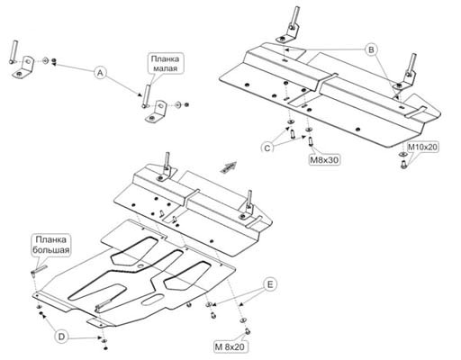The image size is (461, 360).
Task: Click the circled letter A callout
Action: point(101,73)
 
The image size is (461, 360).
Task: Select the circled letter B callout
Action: point(371,49)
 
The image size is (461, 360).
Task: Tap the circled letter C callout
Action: point(267,148)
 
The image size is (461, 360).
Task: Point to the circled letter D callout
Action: point(61,337)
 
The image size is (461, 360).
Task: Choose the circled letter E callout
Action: point(270,284)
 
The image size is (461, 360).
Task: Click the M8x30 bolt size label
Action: point(324,160)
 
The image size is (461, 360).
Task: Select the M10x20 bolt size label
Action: point(422,148)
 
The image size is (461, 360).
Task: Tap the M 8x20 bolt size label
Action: point(230,347)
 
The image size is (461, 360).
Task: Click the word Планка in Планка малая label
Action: point(165,58)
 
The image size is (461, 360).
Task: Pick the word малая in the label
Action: point(165,68)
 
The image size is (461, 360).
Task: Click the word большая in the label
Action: point(51,250)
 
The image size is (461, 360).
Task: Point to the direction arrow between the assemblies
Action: point(229,167)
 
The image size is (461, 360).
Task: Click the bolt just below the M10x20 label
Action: point(403,165)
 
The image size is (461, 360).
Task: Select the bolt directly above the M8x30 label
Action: point(311,140)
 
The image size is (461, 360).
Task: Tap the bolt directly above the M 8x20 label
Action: point(248,331)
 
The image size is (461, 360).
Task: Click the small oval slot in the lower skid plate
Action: point(153,300)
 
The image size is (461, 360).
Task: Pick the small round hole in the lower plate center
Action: point(140,266)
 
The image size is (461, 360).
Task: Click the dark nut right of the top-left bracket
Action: point(54,61)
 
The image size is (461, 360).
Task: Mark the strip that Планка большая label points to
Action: point(39,269)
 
